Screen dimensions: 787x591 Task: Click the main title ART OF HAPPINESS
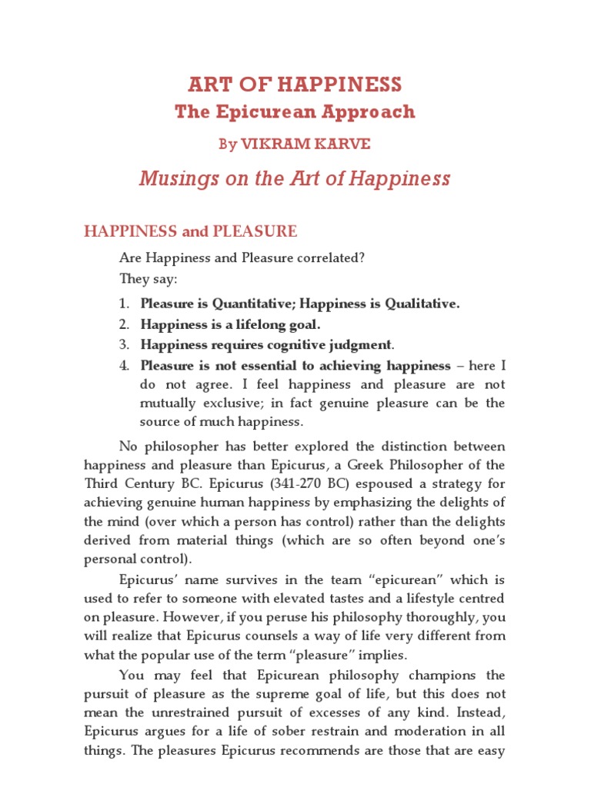(x=295, y=84)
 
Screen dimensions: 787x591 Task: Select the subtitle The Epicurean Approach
(x=295, y=111)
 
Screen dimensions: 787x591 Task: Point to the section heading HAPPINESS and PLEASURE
(x=190, y=231)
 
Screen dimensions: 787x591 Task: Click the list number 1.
(x=123, y=304)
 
